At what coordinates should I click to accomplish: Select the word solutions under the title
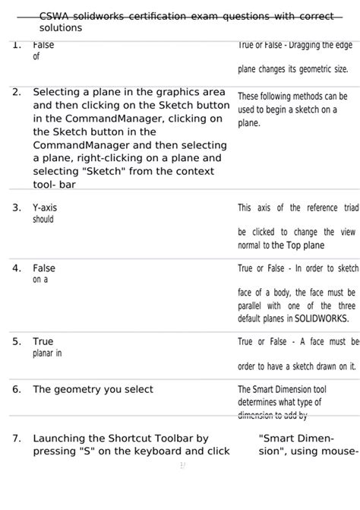coord(61,27)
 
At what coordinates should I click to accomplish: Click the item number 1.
coord(16,45)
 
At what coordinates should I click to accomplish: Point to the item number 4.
coord(16,268)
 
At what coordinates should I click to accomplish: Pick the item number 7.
coord(16,439)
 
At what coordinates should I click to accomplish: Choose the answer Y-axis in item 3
coord(45,207)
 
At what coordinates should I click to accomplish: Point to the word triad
coord(346,207)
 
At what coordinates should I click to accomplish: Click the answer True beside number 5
coord(43,342)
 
